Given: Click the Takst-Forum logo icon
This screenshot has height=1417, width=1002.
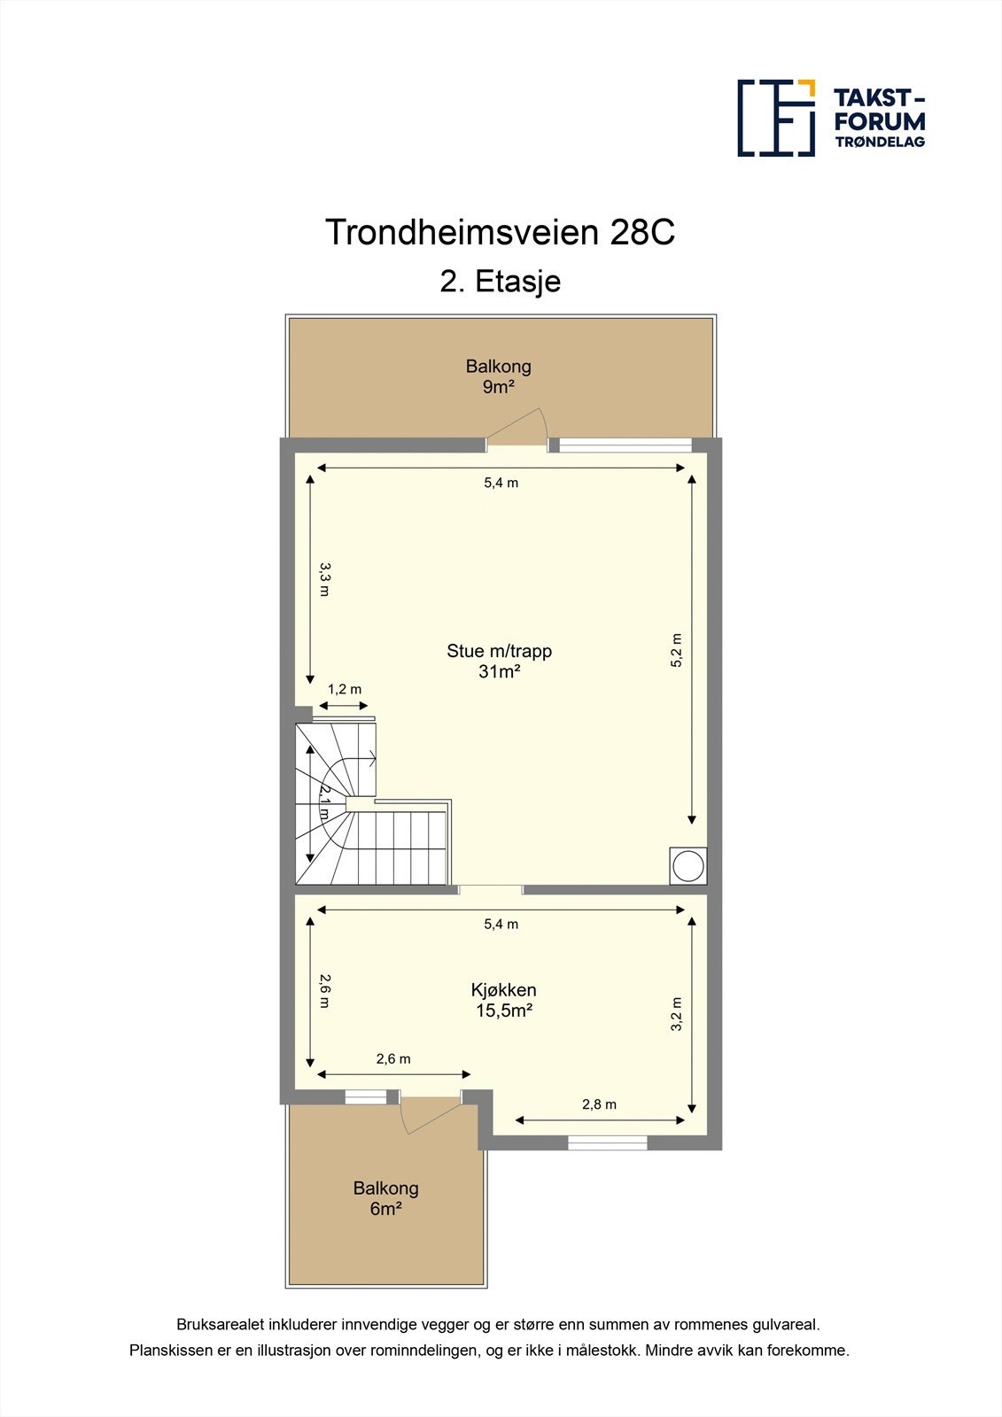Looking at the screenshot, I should (776, 118).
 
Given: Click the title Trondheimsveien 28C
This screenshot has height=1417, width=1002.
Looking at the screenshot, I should (501, 233).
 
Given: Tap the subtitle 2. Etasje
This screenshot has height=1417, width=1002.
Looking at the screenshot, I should (501, 282).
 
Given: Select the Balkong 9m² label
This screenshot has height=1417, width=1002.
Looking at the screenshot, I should (499, 376).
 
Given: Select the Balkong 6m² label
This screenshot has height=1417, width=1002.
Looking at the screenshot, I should (385, 1198).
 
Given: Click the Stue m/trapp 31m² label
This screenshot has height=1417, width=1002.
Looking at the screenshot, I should (499, 661).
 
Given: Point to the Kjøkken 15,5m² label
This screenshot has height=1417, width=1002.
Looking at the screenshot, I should (503, 1000).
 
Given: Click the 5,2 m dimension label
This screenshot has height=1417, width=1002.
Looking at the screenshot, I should (677, 650).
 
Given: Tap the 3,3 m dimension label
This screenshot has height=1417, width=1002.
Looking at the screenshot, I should (324, 578).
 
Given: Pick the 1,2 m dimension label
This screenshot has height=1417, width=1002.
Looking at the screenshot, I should (345, 689).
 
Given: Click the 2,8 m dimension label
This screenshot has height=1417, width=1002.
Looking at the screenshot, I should (599, 1104).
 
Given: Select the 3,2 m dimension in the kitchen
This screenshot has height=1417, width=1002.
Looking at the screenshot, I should (677, 1015).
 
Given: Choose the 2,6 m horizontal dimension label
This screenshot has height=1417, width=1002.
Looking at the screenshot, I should (393, 1058).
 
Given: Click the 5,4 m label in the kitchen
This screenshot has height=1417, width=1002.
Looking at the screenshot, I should (501, 924).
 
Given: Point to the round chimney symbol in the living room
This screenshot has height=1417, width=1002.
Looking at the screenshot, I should (688, 865).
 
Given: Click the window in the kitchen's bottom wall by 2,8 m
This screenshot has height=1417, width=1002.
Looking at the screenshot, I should (608, 1143).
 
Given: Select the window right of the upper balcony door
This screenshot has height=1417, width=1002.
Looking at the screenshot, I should (625, 445).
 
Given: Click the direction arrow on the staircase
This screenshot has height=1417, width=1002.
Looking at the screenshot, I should (369, 758).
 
